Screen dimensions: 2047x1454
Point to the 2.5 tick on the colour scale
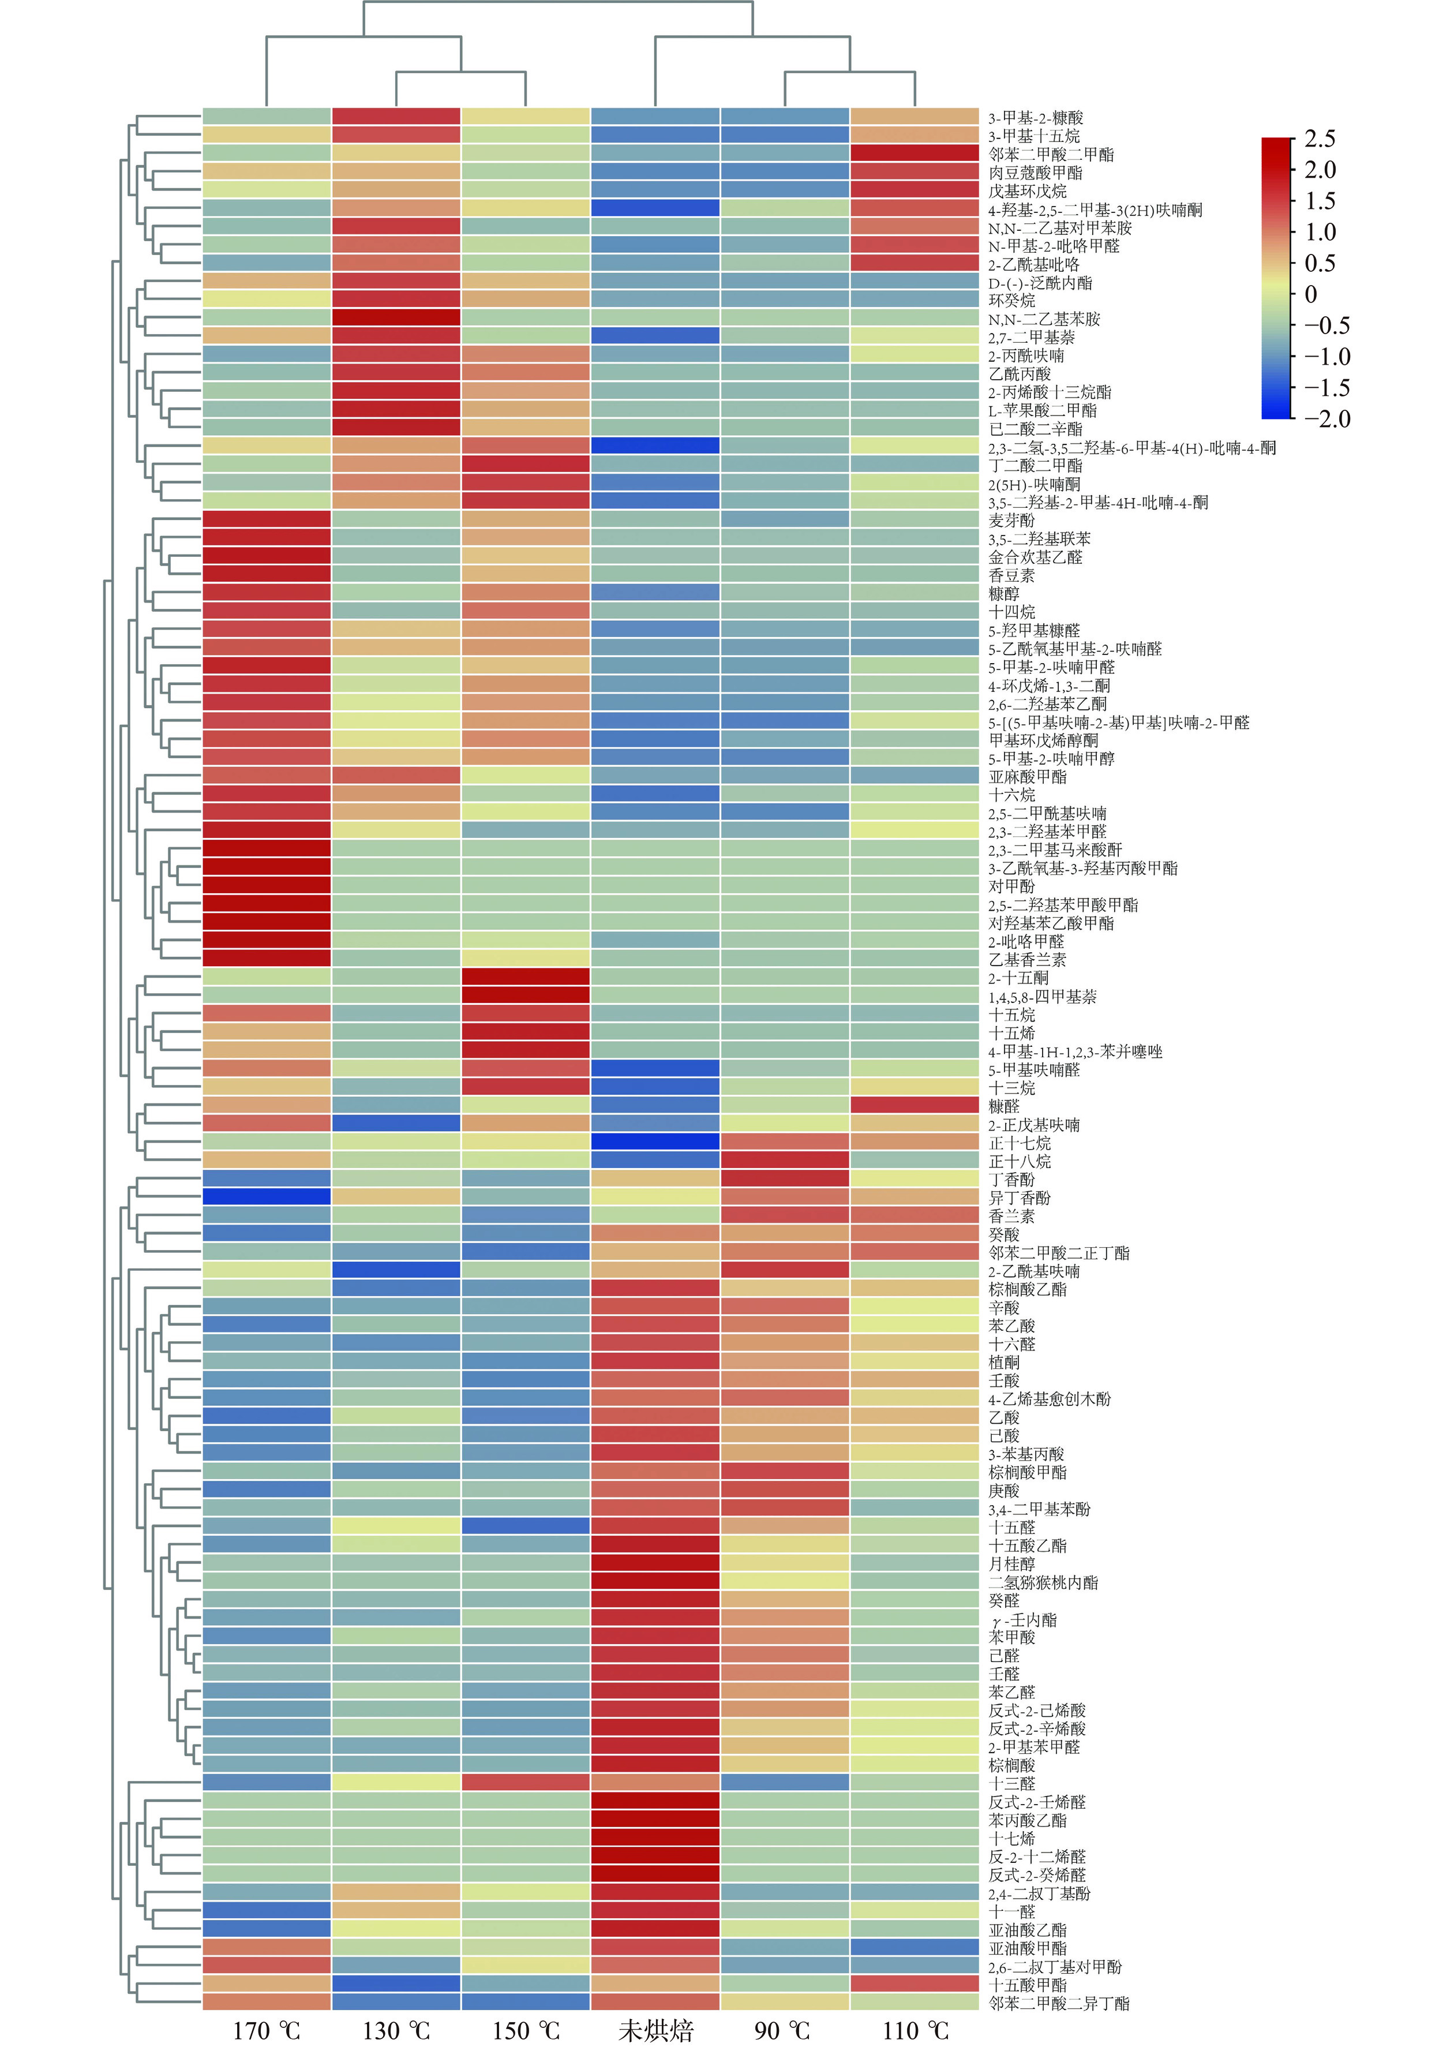1319,139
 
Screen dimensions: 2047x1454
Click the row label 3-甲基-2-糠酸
1035,117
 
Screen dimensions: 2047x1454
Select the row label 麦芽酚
1011,520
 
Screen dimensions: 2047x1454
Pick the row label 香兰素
1011,1215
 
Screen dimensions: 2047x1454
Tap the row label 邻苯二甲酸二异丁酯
1058,2002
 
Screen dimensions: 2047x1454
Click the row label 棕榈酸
1011,1764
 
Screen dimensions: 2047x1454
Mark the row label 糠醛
1003,1106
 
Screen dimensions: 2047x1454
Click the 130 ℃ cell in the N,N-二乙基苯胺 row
396,318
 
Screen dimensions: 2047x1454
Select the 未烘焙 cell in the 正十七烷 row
655,1142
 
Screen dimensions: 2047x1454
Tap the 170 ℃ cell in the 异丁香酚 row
266,1196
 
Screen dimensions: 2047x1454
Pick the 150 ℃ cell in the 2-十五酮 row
526,977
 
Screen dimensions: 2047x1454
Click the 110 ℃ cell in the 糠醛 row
914,1105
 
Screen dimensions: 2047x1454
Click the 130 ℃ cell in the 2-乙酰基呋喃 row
396,1270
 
